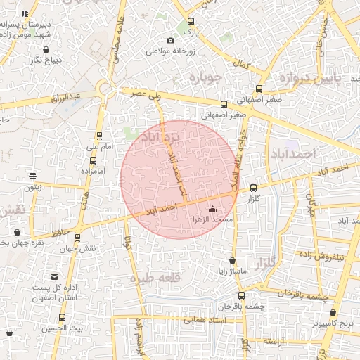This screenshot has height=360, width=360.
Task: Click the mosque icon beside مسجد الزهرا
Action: tap(213, 209)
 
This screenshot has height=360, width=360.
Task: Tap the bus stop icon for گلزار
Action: tap(254, 188)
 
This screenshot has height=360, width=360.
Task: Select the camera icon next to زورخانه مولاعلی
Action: tap(171, 40)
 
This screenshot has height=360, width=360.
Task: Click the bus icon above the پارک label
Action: tap(191, 21)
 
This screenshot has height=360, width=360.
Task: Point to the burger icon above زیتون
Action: tap(32, 176)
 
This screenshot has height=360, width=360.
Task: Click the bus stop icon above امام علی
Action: tap(99, 136)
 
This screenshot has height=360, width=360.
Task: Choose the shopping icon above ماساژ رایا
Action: tap(232, 261)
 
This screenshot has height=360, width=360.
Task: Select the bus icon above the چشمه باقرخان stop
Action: tap(242, 295)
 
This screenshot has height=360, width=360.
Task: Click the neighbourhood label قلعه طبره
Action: tap(150, 278)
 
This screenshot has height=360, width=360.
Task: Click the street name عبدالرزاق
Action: tap(67, 96)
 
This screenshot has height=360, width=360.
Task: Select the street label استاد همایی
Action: tap(204, 320)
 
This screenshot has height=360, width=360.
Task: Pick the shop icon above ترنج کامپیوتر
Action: tap(333, 313)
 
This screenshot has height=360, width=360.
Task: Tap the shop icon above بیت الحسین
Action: tap(62, 318)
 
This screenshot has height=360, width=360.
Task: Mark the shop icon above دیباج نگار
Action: tap(46, 50)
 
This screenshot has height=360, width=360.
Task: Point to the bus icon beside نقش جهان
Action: tap(77, 238)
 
